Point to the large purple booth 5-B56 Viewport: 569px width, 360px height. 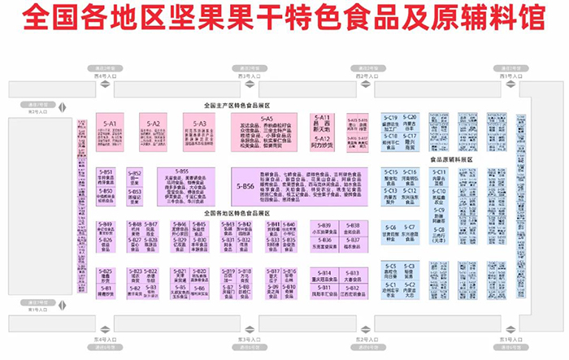245,186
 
